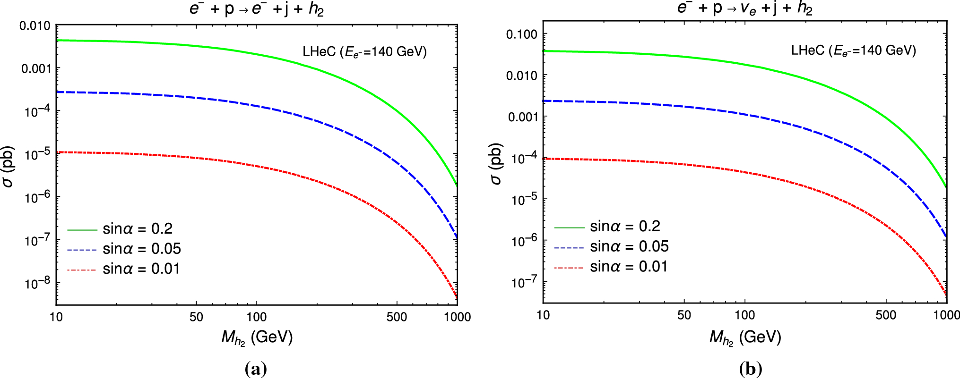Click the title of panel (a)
(257, 8)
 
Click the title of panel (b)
(744, 8)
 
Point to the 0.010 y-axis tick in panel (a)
(35, 25)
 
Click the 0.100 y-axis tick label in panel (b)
(521, 34)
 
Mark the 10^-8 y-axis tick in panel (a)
(37, 283)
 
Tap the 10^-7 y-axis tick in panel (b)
(524, 282)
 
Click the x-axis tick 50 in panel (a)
(196, 317)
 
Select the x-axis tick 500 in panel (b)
(885, 315)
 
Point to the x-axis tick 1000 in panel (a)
(457, 317)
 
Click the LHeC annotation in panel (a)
(364, 52)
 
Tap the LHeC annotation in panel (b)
(853, 51)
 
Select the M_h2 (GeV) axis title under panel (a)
(257, 337)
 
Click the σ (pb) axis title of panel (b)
(495, 163)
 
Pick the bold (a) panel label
(256, 369)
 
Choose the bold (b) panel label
(750, 369)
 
